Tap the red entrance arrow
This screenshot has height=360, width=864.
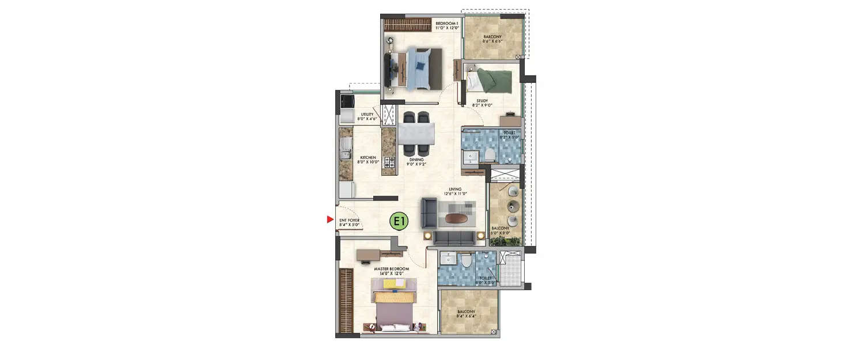(x=330, y=219)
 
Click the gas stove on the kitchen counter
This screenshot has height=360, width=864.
(x=389, y=162)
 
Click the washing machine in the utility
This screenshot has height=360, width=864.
(x=347, y=102)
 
